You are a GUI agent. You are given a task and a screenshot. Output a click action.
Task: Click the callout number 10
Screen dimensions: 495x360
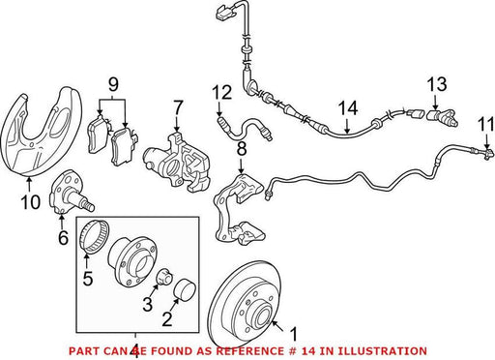pyautogui.click(x=31, y=202)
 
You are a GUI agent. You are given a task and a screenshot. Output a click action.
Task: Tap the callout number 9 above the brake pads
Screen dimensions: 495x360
pyautogui.click(x=113, y=84)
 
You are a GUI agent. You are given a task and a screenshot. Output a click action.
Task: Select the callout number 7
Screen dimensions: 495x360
pyautogui.click(x=178, y=107)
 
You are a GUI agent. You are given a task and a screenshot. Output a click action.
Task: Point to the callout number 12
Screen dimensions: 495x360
pyautogui.click(x=221, y=93)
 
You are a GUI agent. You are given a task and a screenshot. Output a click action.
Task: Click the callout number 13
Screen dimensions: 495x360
pyautogui.click(x=437, y=84)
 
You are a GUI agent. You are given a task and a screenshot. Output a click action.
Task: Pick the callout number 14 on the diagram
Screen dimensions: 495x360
pyautogui.click(x=348, y=108)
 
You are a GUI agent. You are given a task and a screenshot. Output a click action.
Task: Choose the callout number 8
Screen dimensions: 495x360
pyautogui.click(x=242, y=149)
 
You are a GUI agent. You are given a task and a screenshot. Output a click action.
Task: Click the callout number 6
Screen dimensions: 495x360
pyautogui.click(x=63, y=238)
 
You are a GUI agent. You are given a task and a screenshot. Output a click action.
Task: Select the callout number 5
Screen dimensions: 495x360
pyautogui.click(x=88, y=278)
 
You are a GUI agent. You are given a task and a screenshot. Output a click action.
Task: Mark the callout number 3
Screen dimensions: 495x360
pyautogui.click(x=148, y=304)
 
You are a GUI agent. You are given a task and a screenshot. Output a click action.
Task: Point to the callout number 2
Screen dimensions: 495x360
pyautogui.click(x=167, y=318)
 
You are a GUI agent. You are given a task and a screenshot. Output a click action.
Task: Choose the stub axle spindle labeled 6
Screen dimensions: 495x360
pyautogui.click(x=70, y=193)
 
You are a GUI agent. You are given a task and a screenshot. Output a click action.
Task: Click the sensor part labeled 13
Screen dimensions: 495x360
pyautogui.click(x=442, y=118)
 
